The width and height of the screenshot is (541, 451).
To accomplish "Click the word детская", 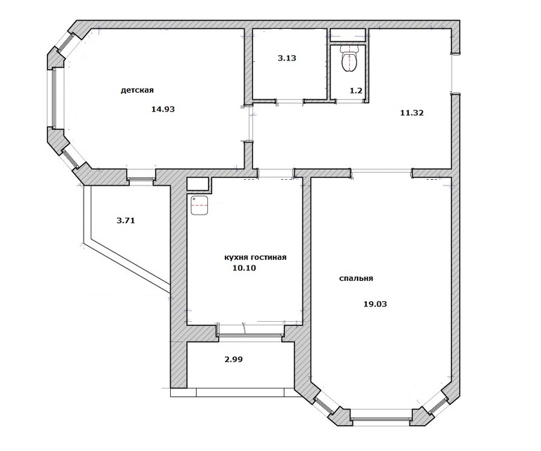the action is tap(137, 91).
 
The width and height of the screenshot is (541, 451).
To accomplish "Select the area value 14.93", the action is tap(163, 110).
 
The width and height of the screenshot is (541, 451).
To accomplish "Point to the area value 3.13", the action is tap(287, 58).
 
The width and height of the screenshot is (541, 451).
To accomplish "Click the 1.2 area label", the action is tap(356, 91).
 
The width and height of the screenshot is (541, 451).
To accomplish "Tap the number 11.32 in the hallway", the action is tap(412, 112).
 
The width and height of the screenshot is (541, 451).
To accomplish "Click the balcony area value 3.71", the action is tap(126, 220).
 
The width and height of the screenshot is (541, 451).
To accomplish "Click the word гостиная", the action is tap(269, 257).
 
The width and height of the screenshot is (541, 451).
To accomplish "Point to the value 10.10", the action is tap(245, 268).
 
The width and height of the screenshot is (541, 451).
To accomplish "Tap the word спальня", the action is tap(356, 278).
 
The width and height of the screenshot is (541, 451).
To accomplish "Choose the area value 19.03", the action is tap(375, 304).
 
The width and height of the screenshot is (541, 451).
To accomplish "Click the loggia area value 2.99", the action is tap(233, 359).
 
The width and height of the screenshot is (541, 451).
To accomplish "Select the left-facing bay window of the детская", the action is tap(53, 98).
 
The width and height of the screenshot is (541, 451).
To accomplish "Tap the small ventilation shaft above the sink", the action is tap(197, 184).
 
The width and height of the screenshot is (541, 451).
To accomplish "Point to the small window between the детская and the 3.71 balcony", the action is tap(141, 178).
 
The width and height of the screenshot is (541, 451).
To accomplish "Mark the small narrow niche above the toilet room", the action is tap(348, 33).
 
